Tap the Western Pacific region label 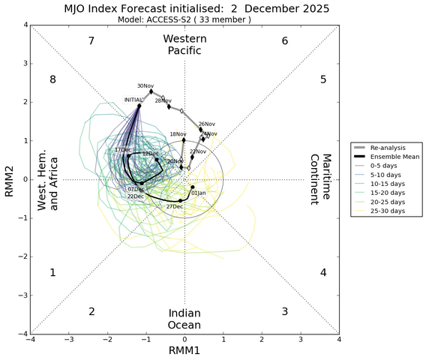pyautogui.click(x=184, y=44)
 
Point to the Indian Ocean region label pyautogui.click(x=184, y=319)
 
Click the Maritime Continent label pyautogui.click(x=321, y=179)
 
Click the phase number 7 pyautogui.click(x=91, y=40)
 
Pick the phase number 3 pyautogui.click(x=284, y=311)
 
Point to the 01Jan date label pyautogui.click(x=199, y=193)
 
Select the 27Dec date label pyautogui.click(x=174, y=206)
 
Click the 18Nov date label pyautogui.click(x=178, y=135)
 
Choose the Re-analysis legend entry pyautogui.click(x=394, y=148)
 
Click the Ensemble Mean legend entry pyautogui.click(x=397, y=157)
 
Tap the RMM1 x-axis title pyautogui.click(x=184, y=351)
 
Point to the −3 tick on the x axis pyautogui.click(x=69, y=340)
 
